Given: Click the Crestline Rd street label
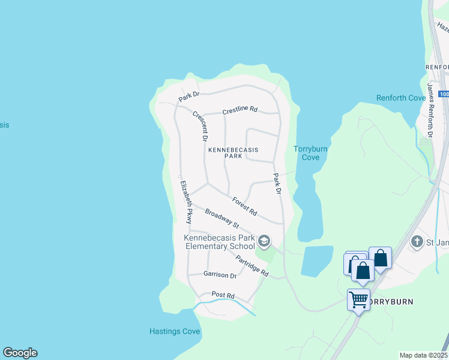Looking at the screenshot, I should (x=240, y=110).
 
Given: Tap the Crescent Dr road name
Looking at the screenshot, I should (x=200, y=126).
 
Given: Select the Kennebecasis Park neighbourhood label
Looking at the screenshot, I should (x=225, y=153).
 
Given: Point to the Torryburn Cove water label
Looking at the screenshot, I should (x=307, y=153).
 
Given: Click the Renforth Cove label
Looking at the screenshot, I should (x=400, y=98).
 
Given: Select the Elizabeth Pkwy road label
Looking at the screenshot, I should (x=187, y=202).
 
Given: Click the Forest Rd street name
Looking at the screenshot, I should (x=244, y=207).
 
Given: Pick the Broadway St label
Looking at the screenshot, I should (x=221, y=218).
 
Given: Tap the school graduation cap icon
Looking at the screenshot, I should (x=264, y=241).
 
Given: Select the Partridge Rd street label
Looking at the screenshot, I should (x=252, y=265).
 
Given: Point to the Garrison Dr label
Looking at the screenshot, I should (x=220, y=275).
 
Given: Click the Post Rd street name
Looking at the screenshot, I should (x=223, y=295).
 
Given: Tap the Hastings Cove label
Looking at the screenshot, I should (x=174, y=331).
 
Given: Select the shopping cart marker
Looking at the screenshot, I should (x=358, y=299).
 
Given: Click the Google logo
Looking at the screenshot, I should (x=20, y=353).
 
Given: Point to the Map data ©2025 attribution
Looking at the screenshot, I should (x=423, y=355).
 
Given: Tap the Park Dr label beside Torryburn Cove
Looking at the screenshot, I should (x=277, y=184).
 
